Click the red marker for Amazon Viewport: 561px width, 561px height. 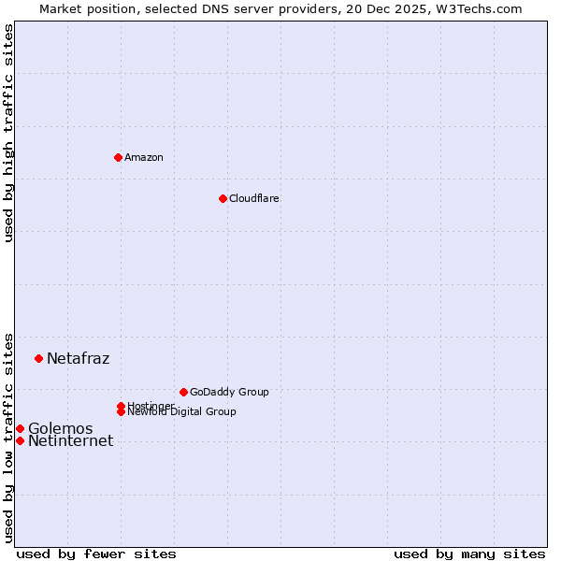(118, 157)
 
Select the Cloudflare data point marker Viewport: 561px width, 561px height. (223, 198)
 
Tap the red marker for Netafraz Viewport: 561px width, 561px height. (38, 358)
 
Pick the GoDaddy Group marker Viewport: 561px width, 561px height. (183, 392)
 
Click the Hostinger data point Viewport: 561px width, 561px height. (121, 406)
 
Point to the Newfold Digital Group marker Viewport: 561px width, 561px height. (121, 411)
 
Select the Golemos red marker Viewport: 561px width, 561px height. (20, 428)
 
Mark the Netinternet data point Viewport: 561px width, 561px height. (20, 440)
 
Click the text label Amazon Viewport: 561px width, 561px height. (143, 157)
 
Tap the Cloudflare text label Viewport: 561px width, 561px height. (253, 198)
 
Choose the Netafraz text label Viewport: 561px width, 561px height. (78, 358)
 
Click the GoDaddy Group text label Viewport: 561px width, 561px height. (228, 392)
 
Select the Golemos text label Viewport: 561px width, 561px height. (60, 428)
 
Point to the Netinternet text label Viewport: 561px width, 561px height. (70, 441)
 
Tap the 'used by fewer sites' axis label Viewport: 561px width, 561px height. (96, 554)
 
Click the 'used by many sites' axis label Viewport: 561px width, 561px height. (469, 554)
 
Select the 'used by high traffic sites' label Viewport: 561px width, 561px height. (8, 133)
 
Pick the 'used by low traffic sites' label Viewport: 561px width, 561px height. (8, 437)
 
